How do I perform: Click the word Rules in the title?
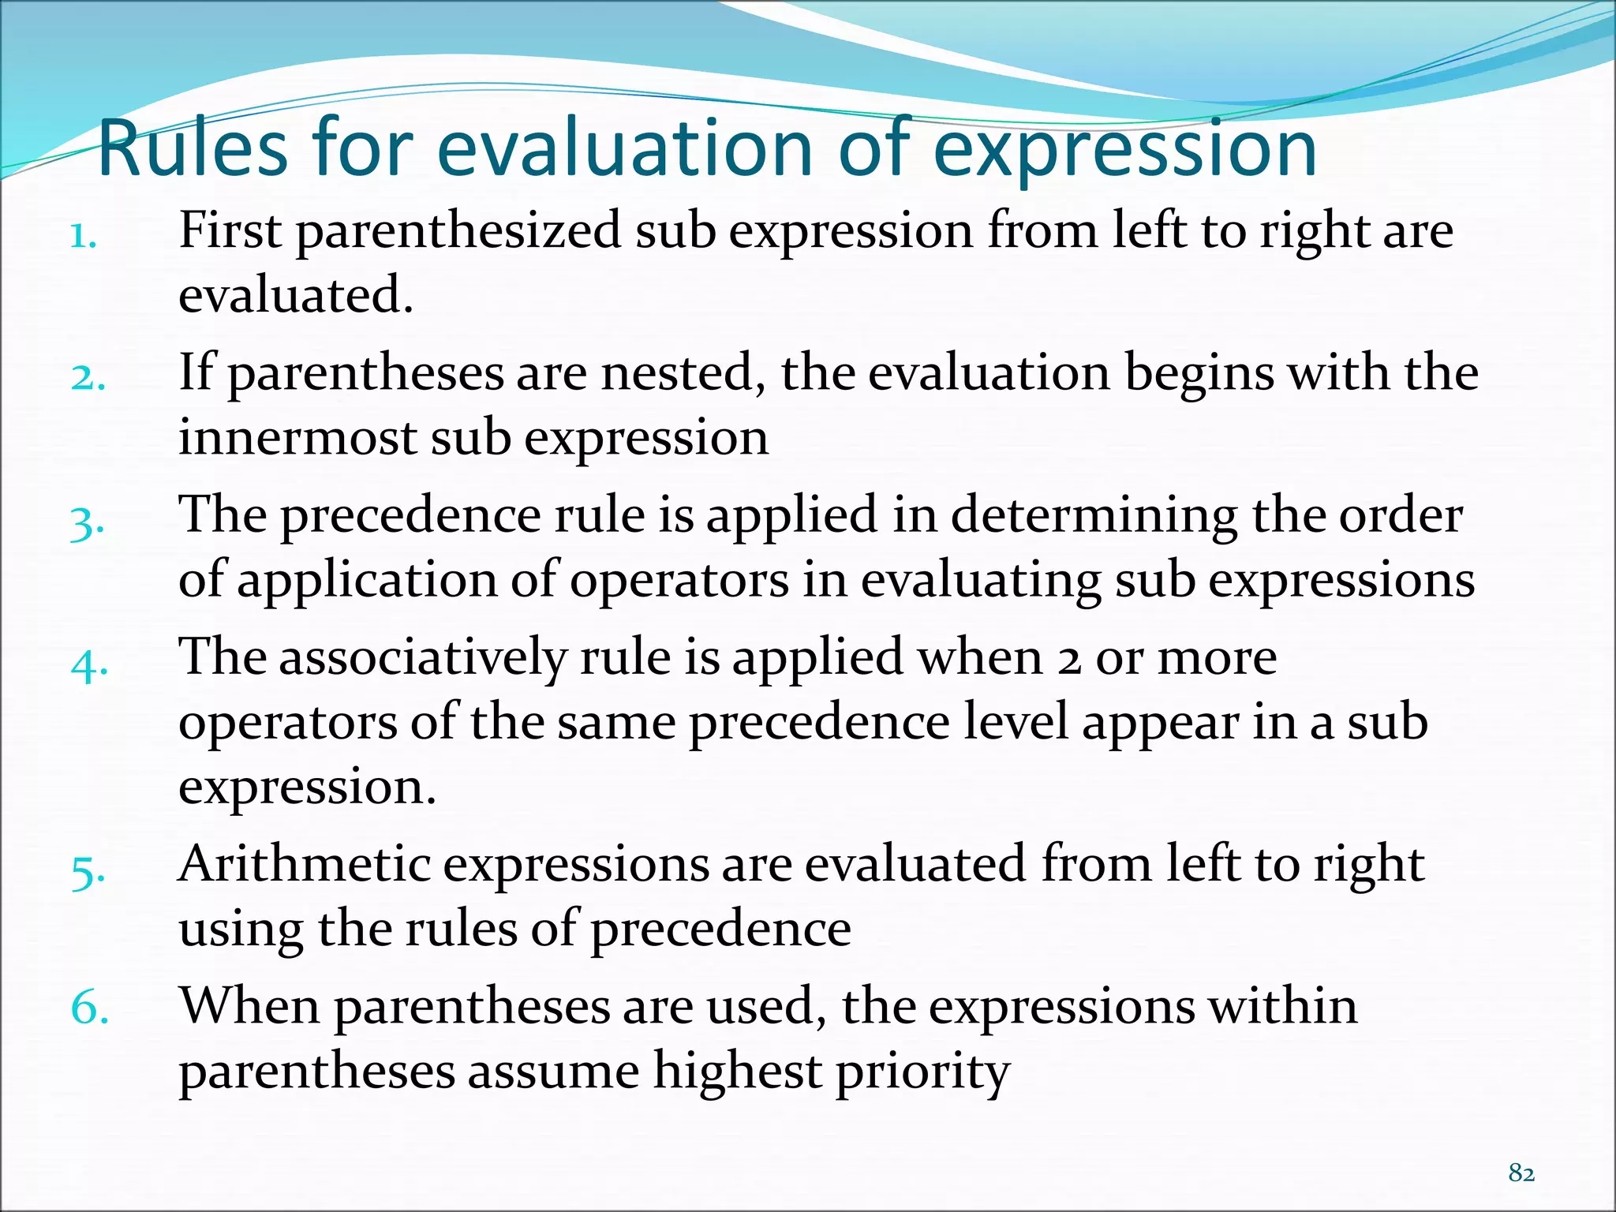(193, 148)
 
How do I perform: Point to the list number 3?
(87, 522)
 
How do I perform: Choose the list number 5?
(88, 871)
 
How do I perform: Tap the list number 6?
(89, 1008)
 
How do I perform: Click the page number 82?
(1521, 1173)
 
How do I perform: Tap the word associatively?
(423, 659)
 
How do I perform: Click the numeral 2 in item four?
(1069, 660)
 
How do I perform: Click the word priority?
(922, 1074)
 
